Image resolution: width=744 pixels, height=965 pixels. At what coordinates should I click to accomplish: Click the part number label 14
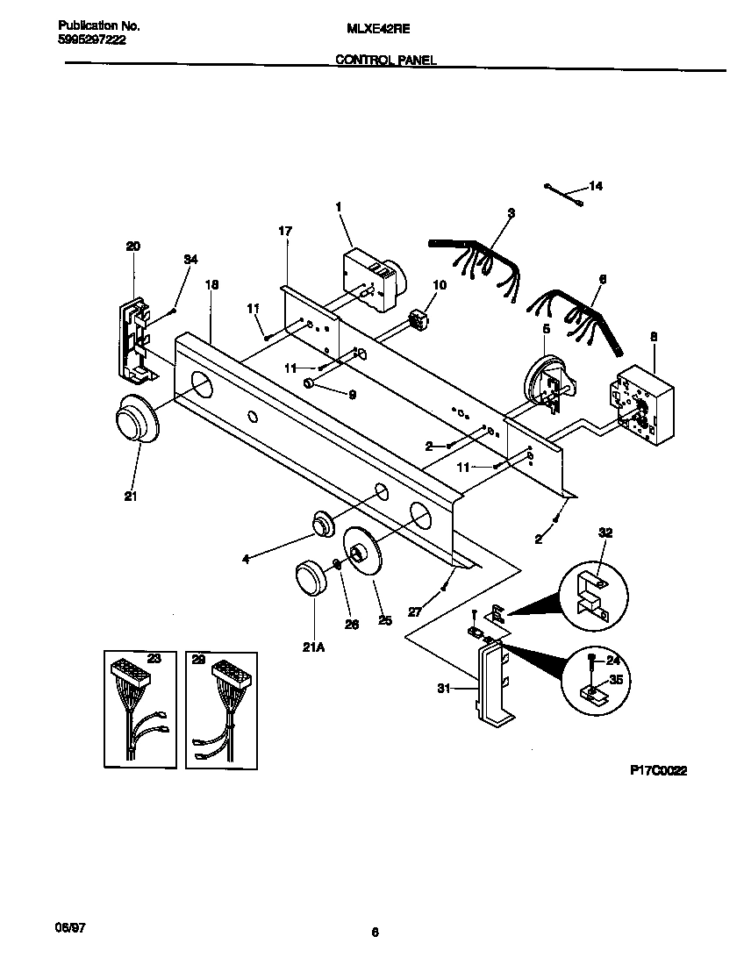[x=596, y=186]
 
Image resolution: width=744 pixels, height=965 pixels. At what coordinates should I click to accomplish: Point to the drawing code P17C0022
[x=658, y=770]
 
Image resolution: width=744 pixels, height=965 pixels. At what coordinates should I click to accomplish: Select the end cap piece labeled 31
[x=491, y=684]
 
